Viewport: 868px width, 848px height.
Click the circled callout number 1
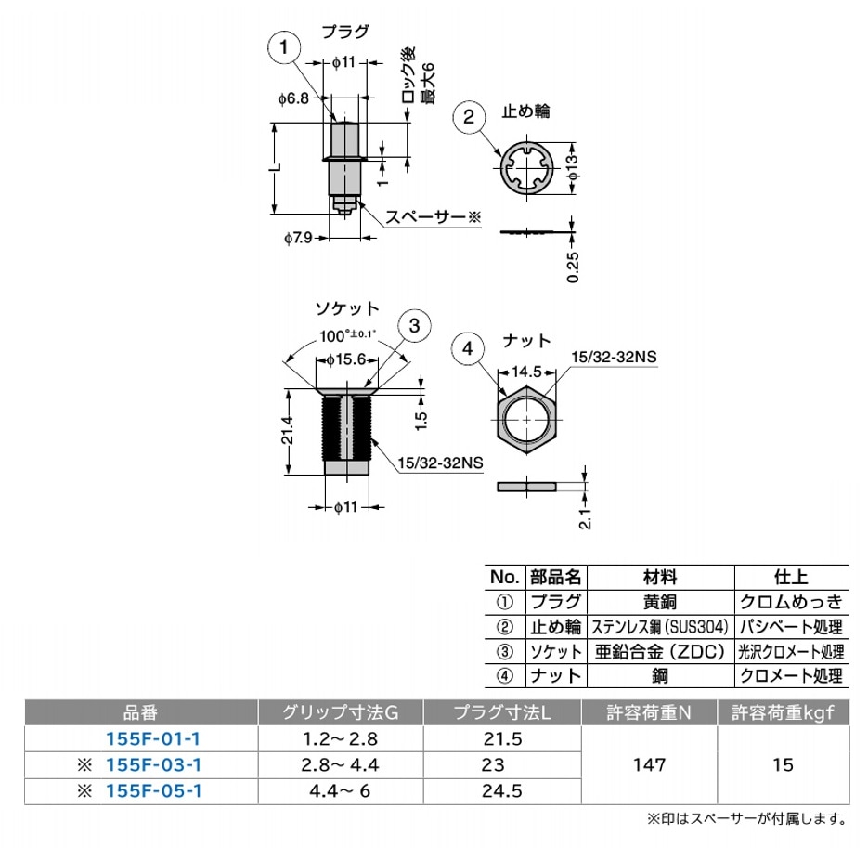coord(286,46)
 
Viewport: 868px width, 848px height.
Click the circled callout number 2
coord(470,118)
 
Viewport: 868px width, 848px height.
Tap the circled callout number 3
coord(415,325)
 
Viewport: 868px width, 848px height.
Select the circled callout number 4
coord(469,348)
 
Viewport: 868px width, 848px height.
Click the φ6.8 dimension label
coord(291,97)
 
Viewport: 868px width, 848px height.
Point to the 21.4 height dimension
coord(289,431)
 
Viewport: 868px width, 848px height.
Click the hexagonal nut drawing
coord(526,421)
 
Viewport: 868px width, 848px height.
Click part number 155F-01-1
coord(154,739)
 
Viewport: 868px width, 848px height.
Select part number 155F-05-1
coord(154,790)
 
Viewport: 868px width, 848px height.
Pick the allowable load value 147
coord(649,765)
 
